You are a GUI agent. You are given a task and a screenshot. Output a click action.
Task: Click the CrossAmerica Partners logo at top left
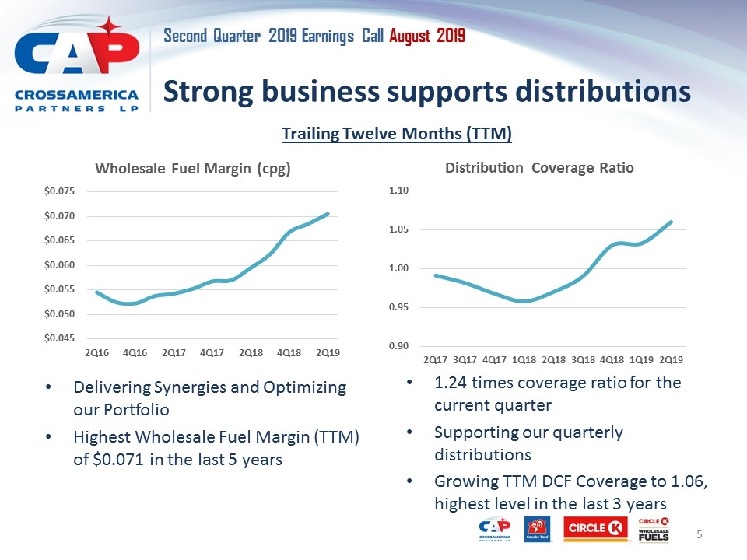pos(76,65)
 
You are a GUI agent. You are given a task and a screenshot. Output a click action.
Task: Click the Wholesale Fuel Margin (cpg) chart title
pos(193,169)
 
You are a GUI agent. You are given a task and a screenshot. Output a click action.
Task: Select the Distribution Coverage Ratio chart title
pos(539,167)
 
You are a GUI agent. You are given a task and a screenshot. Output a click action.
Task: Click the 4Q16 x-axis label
pos(135,352)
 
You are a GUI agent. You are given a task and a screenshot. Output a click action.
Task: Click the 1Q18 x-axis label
pos(524,359)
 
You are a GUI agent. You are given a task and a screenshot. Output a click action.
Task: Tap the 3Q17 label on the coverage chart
pos(465,359)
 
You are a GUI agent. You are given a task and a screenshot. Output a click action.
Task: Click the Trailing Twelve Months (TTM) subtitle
pos(396,134)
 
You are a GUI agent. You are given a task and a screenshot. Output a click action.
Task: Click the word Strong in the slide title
pos(205,92)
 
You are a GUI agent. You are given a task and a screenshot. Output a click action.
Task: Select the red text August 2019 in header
pos(427,36)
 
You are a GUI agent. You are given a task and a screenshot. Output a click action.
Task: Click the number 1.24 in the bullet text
pos(450,383)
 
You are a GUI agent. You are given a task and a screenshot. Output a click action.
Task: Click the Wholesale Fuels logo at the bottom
pos(654,529)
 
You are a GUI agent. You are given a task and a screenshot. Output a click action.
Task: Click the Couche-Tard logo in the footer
pos(538,530)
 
